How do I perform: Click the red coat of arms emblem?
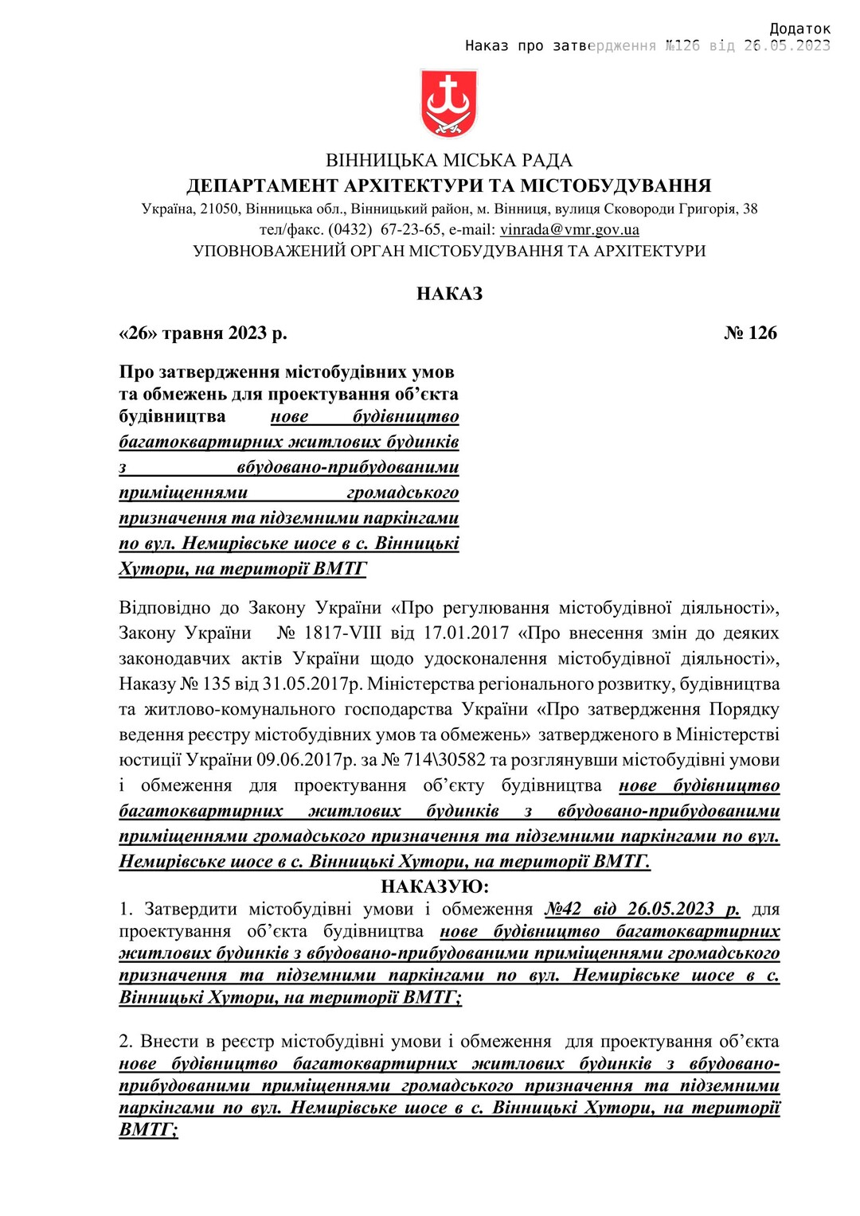449,103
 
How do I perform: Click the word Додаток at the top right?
799,29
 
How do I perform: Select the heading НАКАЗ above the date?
449,294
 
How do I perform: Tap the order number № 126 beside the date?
750,333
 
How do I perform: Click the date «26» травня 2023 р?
203,333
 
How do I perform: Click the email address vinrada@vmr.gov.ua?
569,230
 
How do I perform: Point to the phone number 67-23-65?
411,230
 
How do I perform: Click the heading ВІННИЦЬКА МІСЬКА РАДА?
449,161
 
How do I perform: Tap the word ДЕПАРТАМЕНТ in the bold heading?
262,186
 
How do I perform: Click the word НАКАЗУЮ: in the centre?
435,887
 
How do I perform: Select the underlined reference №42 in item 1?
564,909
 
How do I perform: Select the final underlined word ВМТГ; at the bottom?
148,1130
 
